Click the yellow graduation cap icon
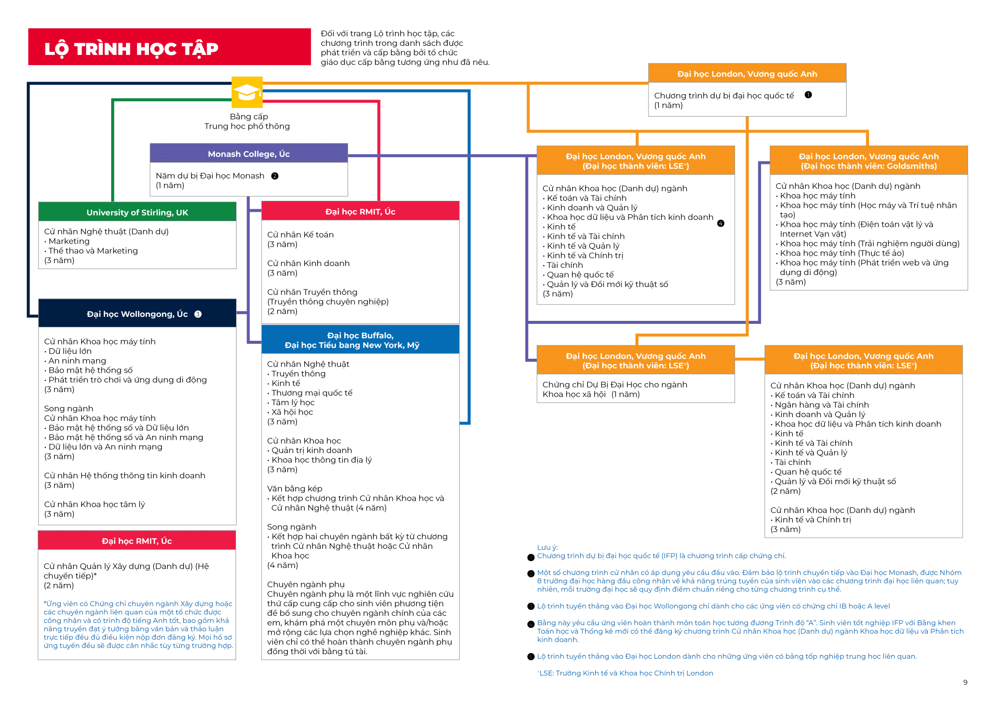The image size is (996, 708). tap(247, 92)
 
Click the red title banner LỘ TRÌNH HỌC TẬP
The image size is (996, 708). tap(169, 47)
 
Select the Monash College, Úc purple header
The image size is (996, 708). tap(249, 154)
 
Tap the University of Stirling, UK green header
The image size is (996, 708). tap(137, 212)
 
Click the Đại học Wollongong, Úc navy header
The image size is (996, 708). tap(137, 314)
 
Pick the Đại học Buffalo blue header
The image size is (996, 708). tap(360, 340)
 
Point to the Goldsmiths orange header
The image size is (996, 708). tap(869, 161)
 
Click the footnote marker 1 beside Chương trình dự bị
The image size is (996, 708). tap(808, 95)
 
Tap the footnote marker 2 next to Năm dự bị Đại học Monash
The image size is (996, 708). tap(275, 176)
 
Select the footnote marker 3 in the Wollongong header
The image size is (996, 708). tap(198, 314)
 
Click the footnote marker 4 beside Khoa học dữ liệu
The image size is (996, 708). tap(721, 223)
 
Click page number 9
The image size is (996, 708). tap(965, 682)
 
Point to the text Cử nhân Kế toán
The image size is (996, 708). tap(300, 235)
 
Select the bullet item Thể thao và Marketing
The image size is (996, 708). tap(93, 251)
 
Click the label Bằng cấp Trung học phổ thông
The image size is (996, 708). tap(248, 121)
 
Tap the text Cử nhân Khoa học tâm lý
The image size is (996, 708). tap(95, 504)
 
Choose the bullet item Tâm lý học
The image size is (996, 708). tap(293, 402)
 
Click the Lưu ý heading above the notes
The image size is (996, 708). tap(547, 547)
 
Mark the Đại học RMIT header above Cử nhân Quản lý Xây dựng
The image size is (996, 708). tap(136, 541)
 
